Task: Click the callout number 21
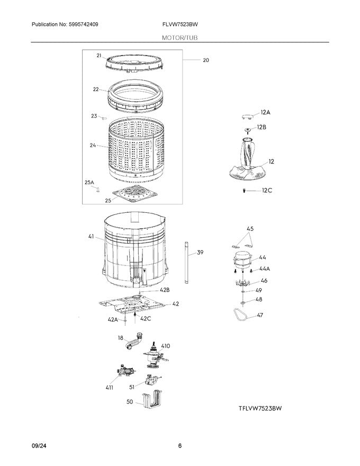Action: (x=99, y=55)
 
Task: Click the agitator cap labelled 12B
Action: (x=247, y=128)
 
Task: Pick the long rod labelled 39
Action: (x=186, y=263)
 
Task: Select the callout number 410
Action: (x=165, y=346)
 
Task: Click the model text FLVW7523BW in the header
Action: (x=180, y=25)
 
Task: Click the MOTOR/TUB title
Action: (x=180, y=37)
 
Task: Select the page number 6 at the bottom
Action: (x=180, y=446)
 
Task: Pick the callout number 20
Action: (x=205, y=60)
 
